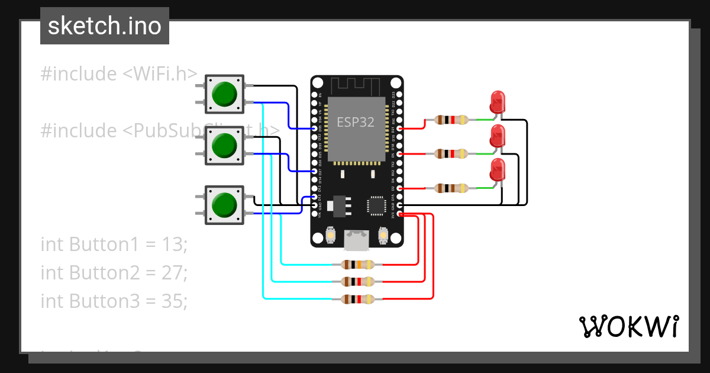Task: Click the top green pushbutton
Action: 224,94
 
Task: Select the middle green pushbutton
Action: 224,146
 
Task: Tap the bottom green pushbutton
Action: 224,205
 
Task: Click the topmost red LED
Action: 498,101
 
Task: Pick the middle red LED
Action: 498,136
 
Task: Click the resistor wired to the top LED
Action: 451,120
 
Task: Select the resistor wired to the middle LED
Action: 451,154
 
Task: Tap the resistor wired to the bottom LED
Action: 451,188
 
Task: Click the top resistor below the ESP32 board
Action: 358,265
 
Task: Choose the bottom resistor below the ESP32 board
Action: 358,300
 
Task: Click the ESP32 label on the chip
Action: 356,123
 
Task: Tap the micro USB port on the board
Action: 357,239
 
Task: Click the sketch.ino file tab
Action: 105,26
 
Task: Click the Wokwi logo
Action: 628,326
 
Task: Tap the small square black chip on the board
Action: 376,205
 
